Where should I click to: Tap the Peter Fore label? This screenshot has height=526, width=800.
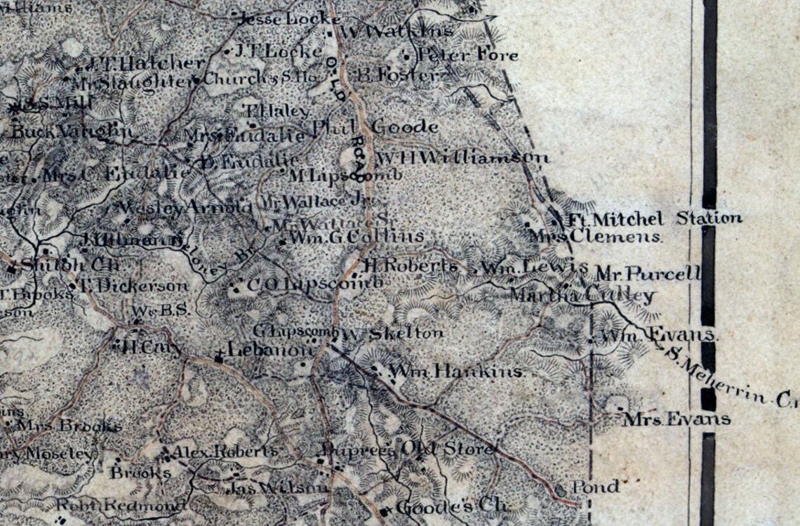[x=467, y=55]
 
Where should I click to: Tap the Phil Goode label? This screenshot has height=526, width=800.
[x=375, y=127]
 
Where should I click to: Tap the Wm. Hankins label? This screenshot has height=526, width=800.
[x=456, y=371]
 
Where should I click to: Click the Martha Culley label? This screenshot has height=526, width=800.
[x=582, y=295]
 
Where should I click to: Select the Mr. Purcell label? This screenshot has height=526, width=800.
[x=647, y=273]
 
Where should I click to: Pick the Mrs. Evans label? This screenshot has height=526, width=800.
[x=676, y=420]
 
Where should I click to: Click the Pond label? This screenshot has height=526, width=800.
[x=595, y=486]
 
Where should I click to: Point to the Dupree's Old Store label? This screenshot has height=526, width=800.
[x=408, y=449]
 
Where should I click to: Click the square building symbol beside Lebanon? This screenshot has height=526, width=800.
[x=219, y=358]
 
